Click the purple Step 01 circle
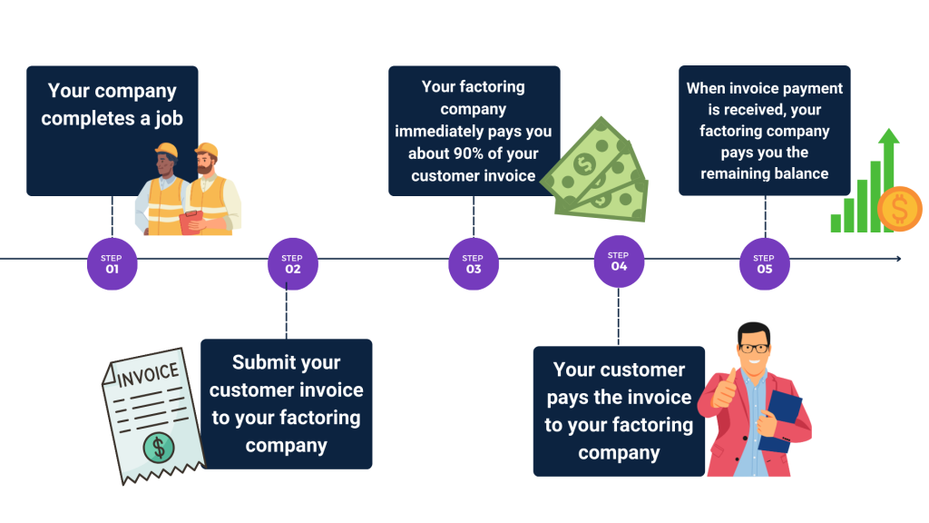112,263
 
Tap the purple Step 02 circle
292,263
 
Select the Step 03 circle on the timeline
474,263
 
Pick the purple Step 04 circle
619,261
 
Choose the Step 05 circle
764,263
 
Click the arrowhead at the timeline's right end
897,259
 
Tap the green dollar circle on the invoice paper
160,445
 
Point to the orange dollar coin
898,210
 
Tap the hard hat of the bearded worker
207,150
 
